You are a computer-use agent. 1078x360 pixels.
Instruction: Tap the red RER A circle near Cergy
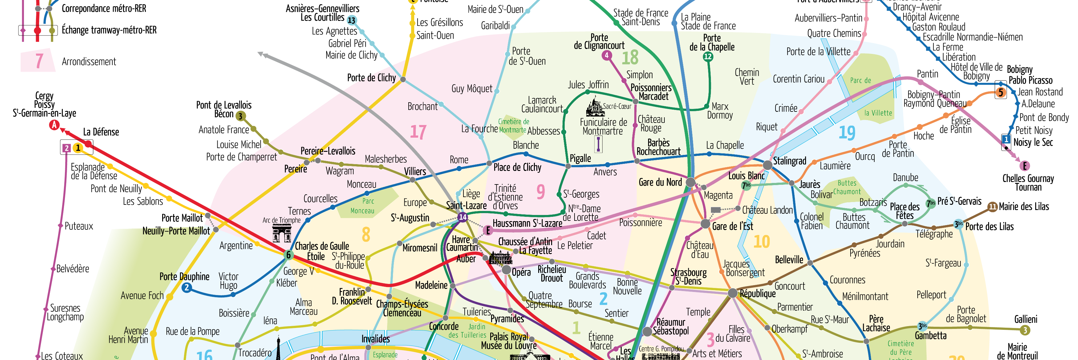54,125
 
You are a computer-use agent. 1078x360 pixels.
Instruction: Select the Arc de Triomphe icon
282,233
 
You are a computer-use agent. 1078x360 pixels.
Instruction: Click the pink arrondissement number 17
418,132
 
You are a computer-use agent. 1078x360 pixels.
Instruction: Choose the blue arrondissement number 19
847,133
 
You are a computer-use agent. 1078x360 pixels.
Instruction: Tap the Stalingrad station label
789,161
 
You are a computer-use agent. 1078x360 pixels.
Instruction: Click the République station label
757,293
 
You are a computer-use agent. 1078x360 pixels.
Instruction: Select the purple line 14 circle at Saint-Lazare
463,217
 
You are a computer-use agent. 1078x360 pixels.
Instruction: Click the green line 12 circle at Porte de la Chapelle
708,56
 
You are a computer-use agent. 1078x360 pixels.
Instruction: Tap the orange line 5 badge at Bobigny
1000,92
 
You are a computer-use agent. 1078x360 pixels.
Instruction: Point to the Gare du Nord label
660,182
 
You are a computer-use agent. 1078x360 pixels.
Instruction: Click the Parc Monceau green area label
363,206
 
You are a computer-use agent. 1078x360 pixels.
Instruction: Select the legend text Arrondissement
89,62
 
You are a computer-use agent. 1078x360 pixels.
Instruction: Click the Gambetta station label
930,335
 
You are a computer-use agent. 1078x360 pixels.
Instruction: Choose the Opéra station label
521,273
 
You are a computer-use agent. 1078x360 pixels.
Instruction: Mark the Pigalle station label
580,159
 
